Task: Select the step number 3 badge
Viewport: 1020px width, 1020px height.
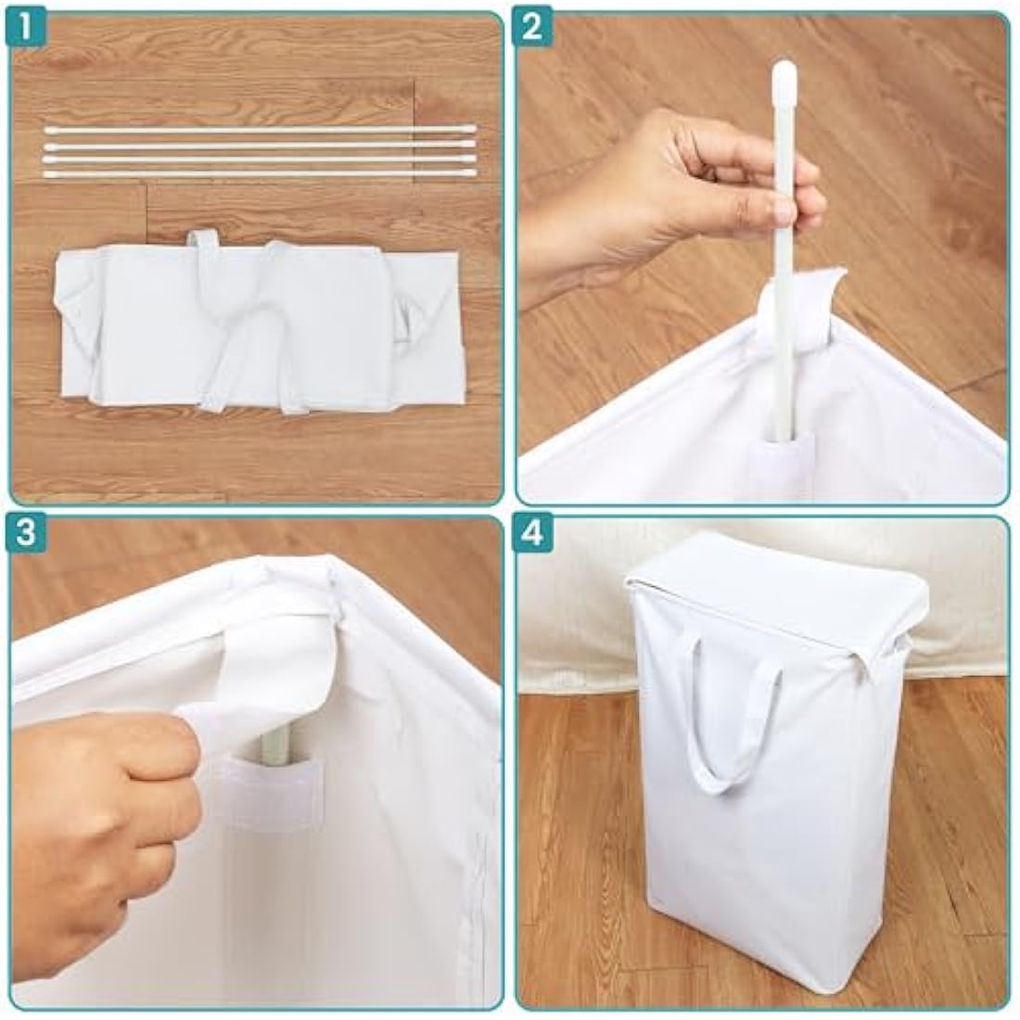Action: click(25, 533)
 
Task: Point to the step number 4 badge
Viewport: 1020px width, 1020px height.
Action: click(530, 533)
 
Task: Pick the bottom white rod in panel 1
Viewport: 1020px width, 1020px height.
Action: click(259, 173)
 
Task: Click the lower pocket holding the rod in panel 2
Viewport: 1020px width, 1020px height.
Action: click(781, 455)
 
